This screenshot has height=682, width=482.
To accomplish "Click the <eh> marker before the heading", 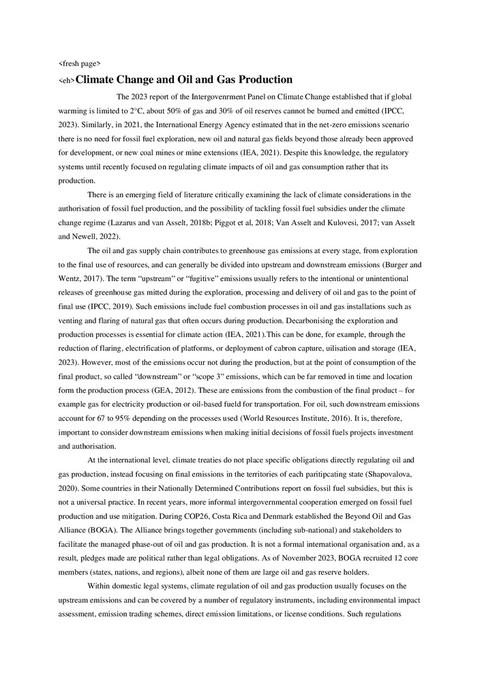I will pyautogui.click(x=66, y=81).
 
